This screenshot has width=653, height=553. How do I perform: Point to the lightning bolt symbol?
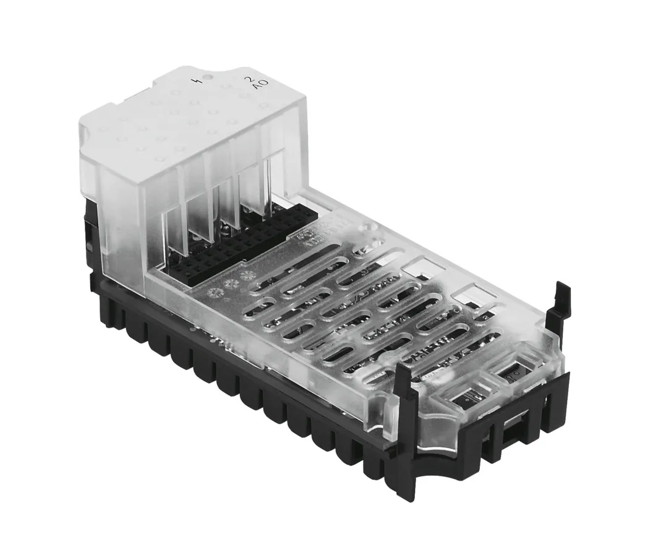(x=197, y=81)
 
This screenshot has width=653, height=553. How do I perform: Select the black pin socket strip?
(x=247, y=247)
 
